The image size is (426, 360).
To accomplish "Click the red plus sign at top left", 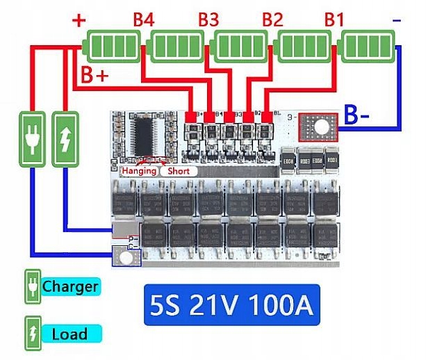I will tap(79, 20).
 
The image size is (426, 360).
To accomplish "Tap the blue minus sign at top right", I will tap(396, 20).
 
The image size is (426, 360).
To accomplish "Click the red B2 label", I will tap(272, 20).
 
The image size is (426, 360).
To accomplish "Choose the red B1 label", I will tap(334, 20).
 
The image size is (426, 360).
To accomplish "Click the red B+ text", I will tap(95, 75).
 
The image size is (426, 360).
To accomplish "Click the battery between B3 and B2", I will tap(240, 47).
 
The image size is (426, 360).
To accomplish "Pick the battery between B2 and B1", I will tap(304, 47).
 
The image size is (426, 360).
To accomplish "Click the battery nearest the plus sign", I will tap(112, 47).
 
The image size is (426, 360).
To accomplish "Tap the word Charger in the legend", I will tap(69, 286).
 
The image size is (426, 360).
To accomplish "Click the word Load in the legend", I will tap(69, 334).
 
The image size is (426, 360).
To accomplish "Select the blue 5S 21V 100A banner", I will tap(231, 304).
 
